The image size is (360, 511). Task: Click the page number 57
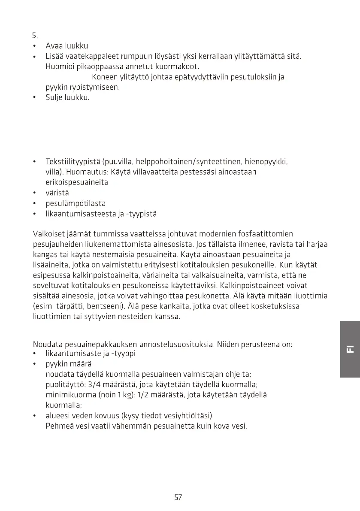pyautogui.click(x=178, y=497)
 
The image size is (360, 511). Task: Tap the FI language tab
pyautogui.click(x=350, y=349)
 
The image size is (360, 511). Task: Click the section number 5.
pyautogui.click(x=35, y=35)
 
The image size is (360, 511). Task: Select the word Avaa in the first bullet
pyautogui.click(x=54, y=46)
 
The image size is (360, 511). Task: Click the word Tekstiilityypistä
pyautogui.click(x=73, y=162)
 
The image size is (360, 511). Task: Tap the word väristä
pyautogui.click(x=57, y=193)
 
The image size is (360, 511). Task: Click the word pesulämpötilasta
pyautogui.click(x=76, y=203)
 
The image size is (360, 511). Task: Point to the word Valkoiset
pyautogui.click(x=48, y=234)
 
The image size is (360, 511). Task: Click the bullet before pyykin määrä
pyautogui.click(x=34, y=364)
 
